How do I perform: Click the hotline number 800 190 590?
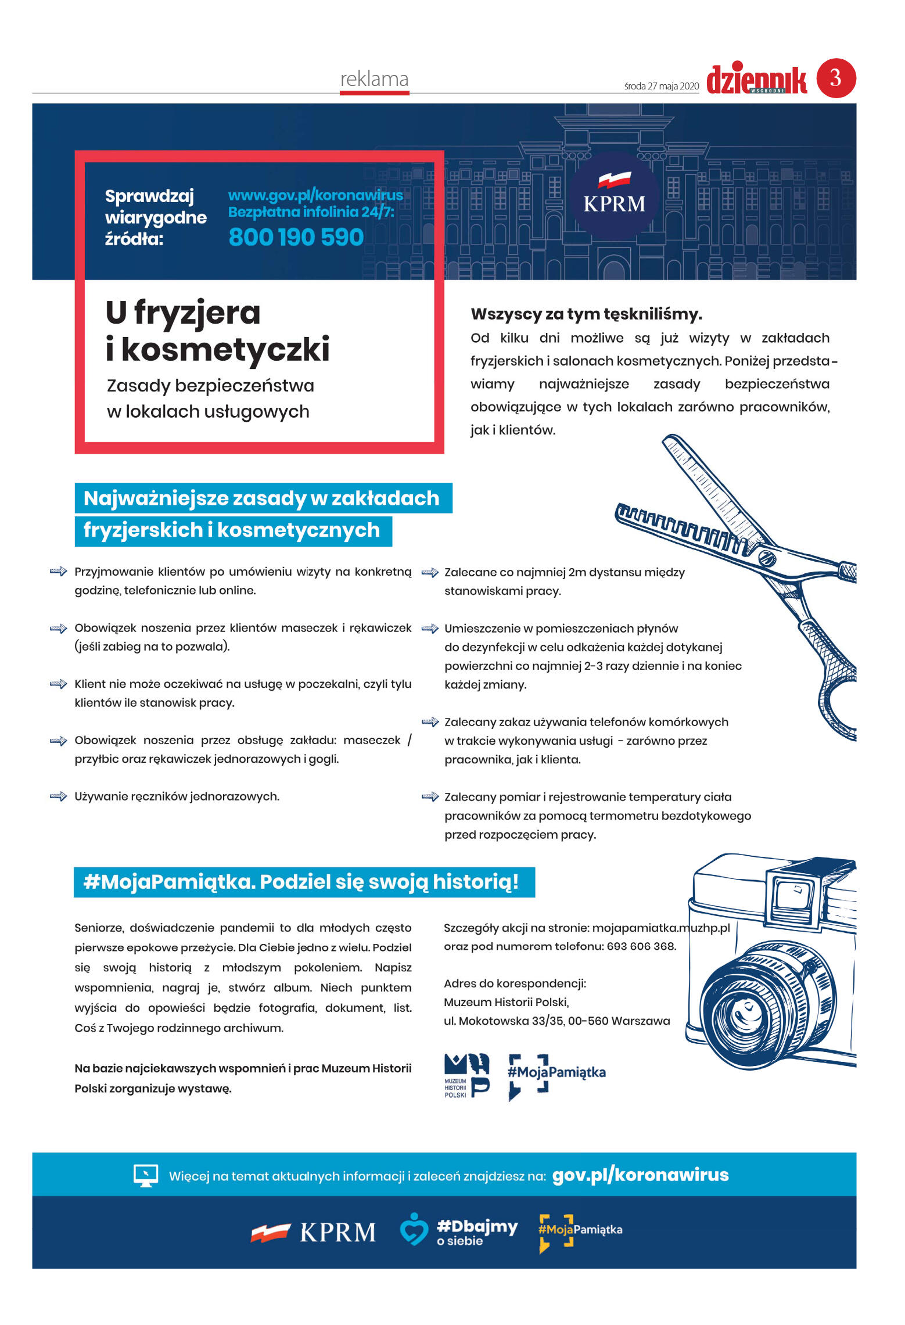[x=296, y=237]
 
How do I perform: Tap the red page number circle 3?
[x=836, y=78]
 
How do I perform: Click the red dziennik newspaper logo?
[x=756, y=80]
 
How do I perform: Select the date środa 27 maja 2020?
[x=661, y=86]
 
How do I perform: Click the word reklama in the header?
[x=374, y=79]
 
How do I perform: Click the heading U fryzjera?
[x=183, y=313]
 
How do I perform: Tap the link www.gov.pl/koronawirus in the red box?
[x=315, y=195]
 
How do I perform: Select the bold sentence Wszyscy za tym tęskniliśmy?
[x=586, y=314]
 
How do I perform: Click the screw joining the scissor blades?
[x=768, y=558]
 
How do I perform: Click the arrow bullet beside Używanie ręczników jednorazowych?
[x=59, y=796]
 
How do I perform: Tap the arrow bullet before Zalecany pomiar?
[x=430, y=797]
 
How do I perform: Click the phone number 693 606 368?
[x=641, y=946]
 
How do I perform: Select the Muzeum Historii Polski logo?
[x=466, y=1076]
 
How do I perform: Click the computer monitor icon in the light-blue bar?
[x=145, y=1176]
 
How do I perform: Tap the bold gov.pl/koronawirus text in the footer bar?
[x=640, y=1175]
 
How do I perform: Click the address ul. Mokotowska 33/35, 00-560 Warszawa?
[x=556, y=1021]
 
